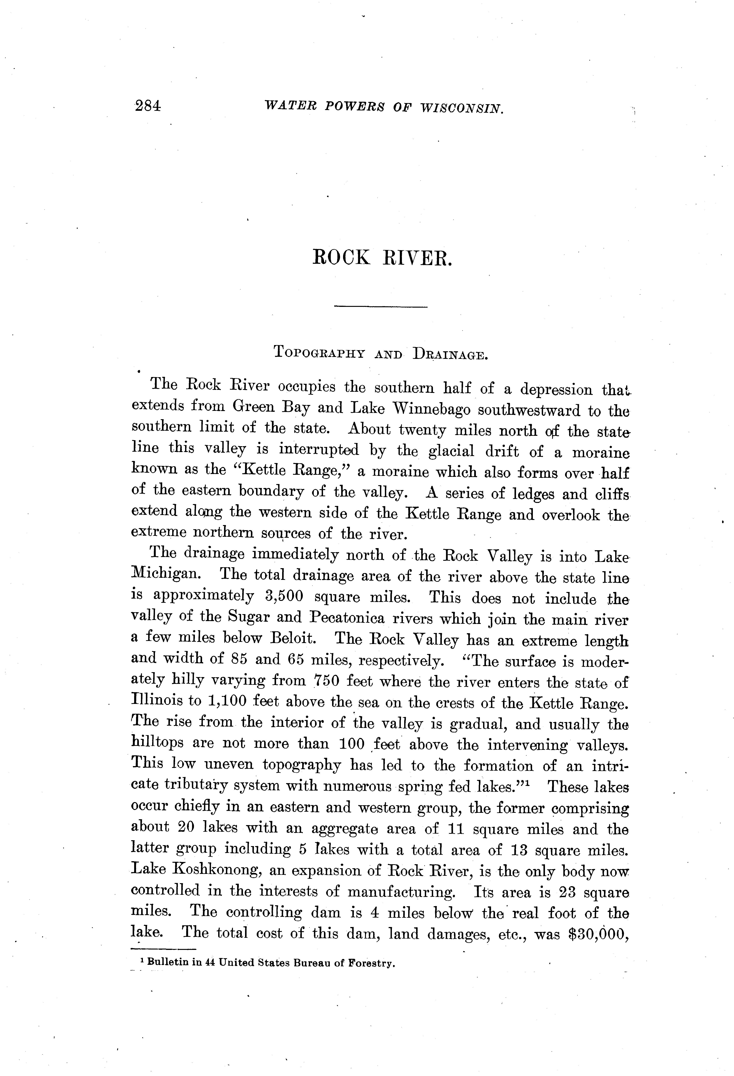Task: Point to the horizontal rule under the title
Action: tap(380, 306)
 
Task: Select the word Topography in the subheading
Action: tap(323, 353)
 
